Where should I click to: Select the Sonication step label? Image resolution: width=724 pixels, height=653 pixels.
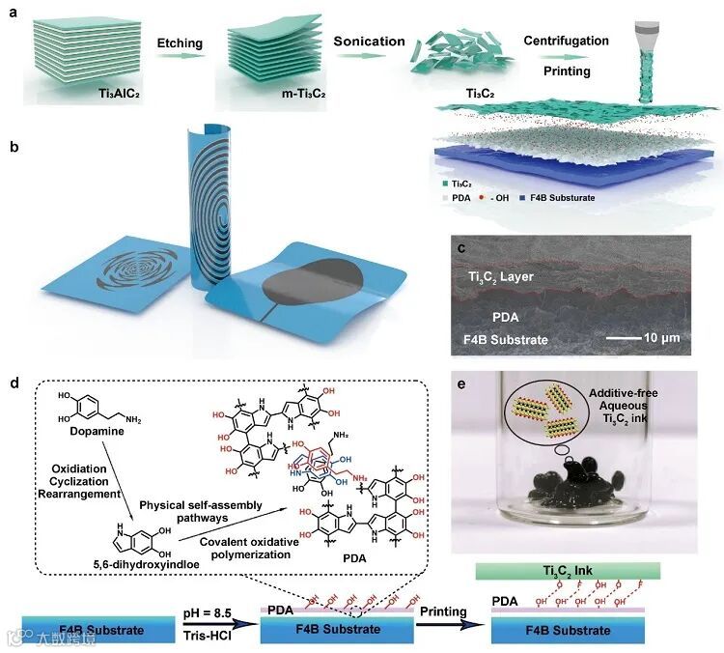click(369, 43)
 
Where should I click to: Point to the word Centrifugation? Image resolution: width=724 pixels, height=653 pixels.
click(567, 41)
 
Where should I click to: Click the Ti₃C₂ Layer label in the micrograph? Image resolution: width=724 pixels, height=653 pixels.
click(494, 278)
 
